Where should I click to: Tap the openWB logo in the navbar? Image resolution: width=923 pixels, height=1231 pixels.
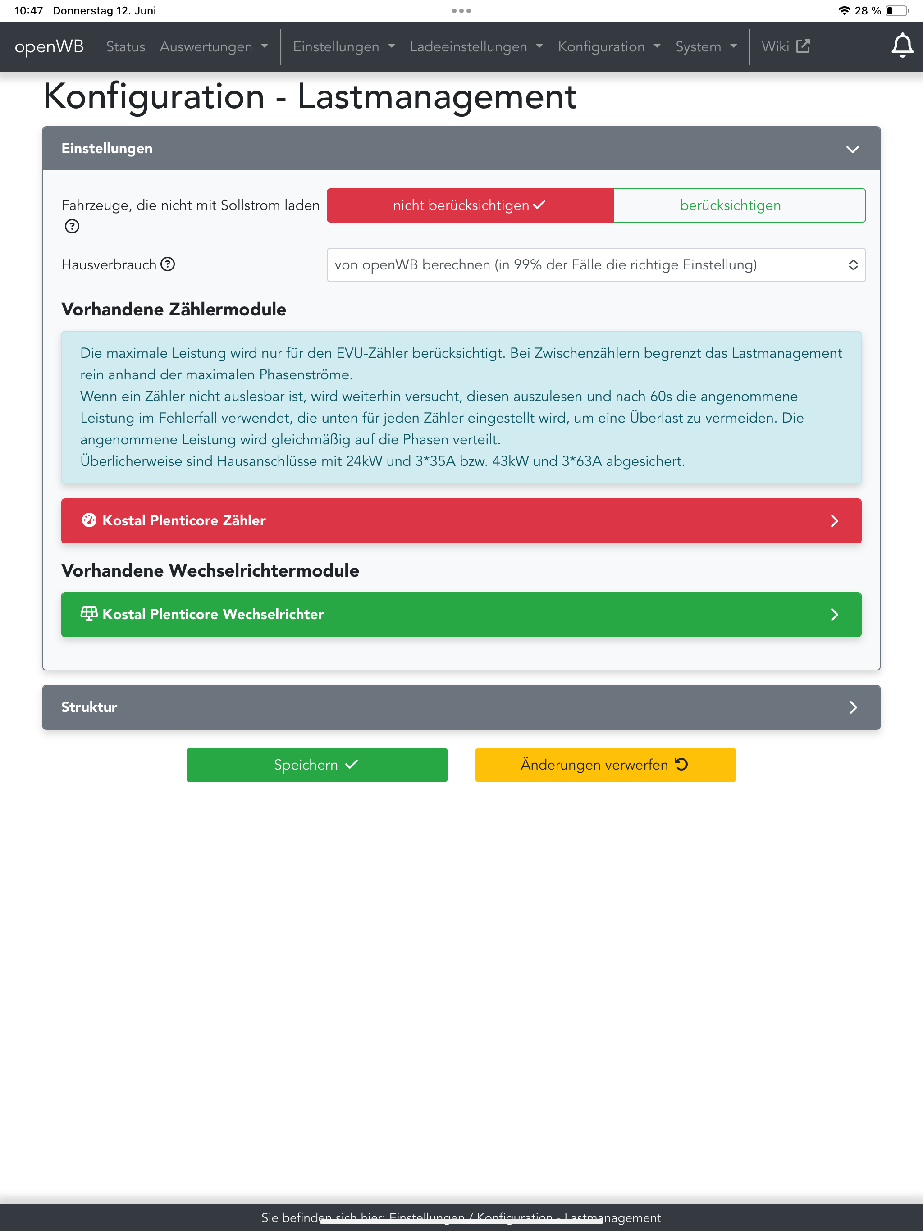click(49, 47)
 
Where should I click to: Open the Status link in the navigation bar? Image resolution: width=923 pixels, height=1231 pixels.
click(125, 47)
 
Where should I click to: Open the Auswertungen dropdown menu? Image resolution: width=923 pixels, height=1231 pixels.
click(214, 47)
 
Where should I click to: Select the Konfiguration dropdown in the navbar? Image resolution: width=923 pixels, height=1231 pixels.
click(609, 47)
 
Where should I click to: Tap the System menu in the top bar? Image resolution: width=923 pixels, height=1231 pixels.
click(706, 47)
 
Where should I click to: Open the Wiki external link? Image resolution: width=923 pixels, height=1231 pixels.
click(785, 47)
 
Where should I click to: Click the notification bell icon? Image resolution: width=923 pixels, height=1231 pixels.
click(902, 46)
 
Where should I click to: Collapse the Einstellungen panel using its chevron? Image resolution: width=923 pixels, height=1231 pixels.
click(852, 149)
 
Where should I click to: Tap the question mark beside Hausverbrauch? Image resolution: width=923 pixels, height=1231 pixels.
click(168, 264)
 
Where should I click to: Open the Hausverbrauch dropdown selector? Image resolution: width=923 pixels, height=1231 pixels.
click(596, 265)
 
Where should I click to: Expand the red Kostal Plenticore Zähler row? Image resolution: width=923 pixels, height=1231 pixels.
click(461, 520)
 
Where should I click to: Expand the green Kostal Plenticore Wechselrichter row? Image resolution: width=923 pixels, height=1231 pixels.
click(461, 615)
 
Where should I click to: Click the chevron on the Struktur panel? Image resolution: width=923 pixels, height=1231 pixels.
click(853, 707)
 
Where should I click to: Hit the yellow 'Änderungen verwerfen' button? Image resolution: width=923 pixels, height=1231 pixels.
click(605, 765)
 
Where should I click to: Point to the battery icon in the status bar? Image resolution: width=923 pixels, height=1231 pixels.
click(897, 10)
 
